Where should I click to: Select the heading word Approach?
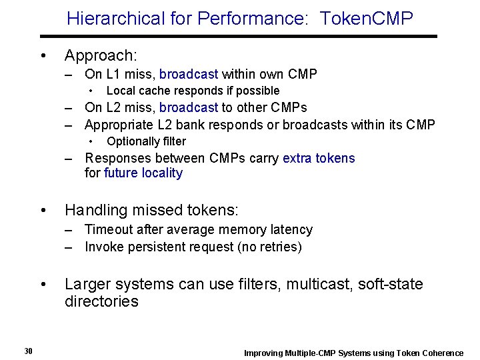click(100, 55)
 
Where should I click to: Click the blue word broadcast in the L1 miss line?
click(189, 74)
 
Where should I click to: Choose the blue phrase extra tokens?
click(319, 158)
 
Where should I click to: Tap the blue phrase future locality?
click(143, 173)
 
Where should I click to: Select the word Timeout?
click(109, 229)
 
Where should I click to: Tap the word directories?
click(101, 301)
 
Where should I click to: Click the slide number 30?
click(28, 351)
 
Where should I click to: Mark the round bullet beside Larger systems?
click(43, 285)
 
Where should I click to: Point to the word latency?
click(289, 229)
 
